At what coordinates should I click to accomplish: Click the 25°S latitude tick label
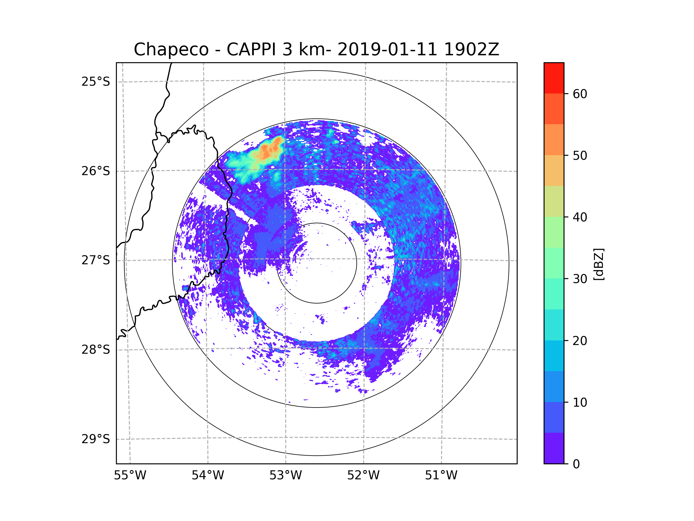96,82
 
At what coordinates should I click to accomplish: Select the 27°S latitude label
96,260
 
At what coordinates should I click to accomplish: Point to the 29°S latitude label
96,439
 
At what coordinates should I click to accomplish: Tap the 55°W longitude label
130,476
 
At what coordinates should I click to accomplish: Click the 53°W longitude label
285,476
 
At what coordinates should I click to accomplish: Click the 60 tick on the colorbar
580,94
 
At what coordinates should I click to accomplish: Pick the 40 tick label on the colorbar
580,217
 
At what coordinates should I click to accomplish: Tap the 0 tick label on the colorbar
576,464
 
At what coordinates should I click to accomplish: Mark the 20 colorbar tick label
580,341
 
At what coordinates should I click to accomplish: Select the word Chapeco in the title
171,49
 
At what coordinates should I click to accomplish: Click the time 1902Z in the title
471,49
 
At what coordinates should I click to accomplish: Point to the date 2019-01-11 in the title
387,49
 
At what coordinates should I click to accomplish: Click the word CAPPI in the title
251,49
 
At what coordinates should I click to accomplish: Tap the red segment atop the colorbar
554,78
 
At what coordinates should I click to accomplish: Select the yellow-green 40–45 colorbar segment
554,201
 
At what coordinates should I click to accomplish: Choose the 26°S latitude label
96,171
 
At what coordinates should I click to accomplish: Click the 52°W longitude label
363,476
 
